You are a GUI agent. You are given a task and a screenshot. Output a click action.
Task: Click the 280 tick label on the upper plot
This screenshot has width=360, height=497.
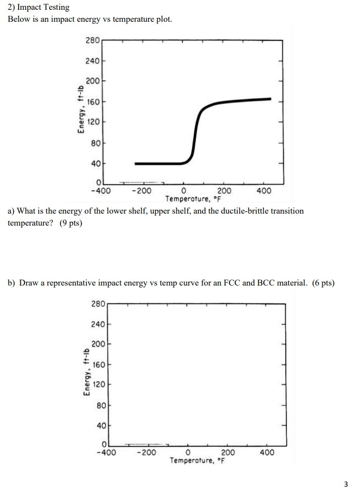pos(93,40)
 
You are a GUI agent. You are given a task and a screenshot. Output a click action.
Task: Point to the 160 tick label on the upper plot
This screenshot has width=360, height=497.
pos(93,101)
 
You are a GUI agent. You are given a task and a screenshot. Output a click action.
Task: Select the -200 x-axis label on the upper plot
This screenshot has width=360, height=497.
pos(141,191)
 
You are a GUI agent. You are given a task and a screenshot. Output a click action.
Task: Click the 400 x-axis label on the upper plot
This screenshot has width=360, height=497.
pos(264,191)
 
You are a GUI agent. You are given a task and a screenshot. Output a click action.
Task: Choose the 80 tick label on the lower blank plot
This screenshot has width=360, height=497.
pos(100,405)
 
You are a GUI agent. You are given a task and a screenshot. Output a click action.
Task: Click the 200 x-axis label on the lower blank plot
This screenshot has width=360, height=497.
pos(229,453)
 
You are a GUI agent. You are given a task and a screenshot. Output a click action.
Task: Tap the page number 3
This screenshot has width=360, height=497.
pos(345,483)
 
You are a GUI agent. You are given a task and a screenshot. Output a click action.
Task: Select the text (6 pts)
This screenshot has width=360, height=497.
pos(321,283)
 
